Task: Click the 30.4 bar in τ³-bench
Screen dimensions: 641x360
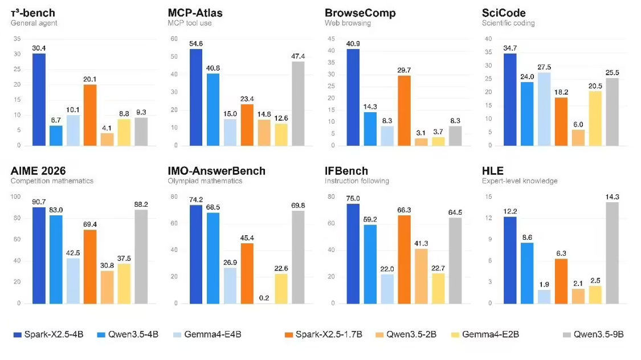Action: (x=39, y=99)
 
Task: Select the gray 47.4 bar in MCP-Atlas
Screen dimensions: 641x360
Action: (x=298, y=103)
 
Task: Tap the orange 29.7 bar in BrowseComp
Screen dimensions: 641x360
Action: (x=404, y=111)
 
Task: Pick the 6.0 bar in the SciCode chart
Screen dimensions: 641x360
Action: (x=578, y=138)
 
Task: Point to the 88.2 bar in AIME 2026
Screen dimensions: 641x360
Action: (x=141, y=257)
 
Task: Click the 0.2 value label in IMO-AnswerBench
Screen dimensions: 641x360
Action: (x=264, y=298)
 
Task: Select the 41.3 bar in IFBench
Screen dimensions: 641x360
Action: (x=421, y=276)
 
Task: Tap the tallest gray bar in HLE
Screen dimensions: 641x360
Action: (x=612, y=253)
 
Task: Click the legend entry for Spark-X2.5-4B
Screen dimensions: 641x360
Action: (x=48, y=334)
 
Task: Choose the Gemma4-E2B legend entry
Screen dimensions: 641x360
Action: (x=485, y=334)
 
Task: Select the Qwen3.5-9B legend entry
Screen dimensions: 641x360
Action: (x=593, y=334)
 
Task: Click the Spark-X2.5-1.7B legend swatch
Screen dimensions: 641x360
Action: (x=289, y=335)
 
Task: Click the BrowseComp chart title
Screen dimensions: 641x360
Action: (x=360, y=13)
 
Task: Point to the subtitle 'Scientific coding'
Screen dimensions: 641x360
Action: (x=508, y=23)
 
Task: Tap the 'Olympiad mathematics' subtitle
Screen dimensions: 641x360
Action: (x=205, y=181)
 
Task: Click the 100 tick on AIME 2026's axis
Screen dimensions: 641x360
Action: (x=15, y=197)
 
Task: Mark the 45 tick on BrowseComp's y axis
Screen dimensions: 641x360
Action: (x=331, y=39)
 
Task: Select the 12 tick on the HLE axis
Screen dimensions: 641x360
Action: (x=488, y=218)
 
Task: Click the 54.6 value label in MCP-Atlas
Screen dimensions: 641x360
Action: (x=196, y=44)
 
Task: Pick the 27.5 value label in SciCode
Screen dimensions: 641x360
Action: (x=544, y=67)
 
